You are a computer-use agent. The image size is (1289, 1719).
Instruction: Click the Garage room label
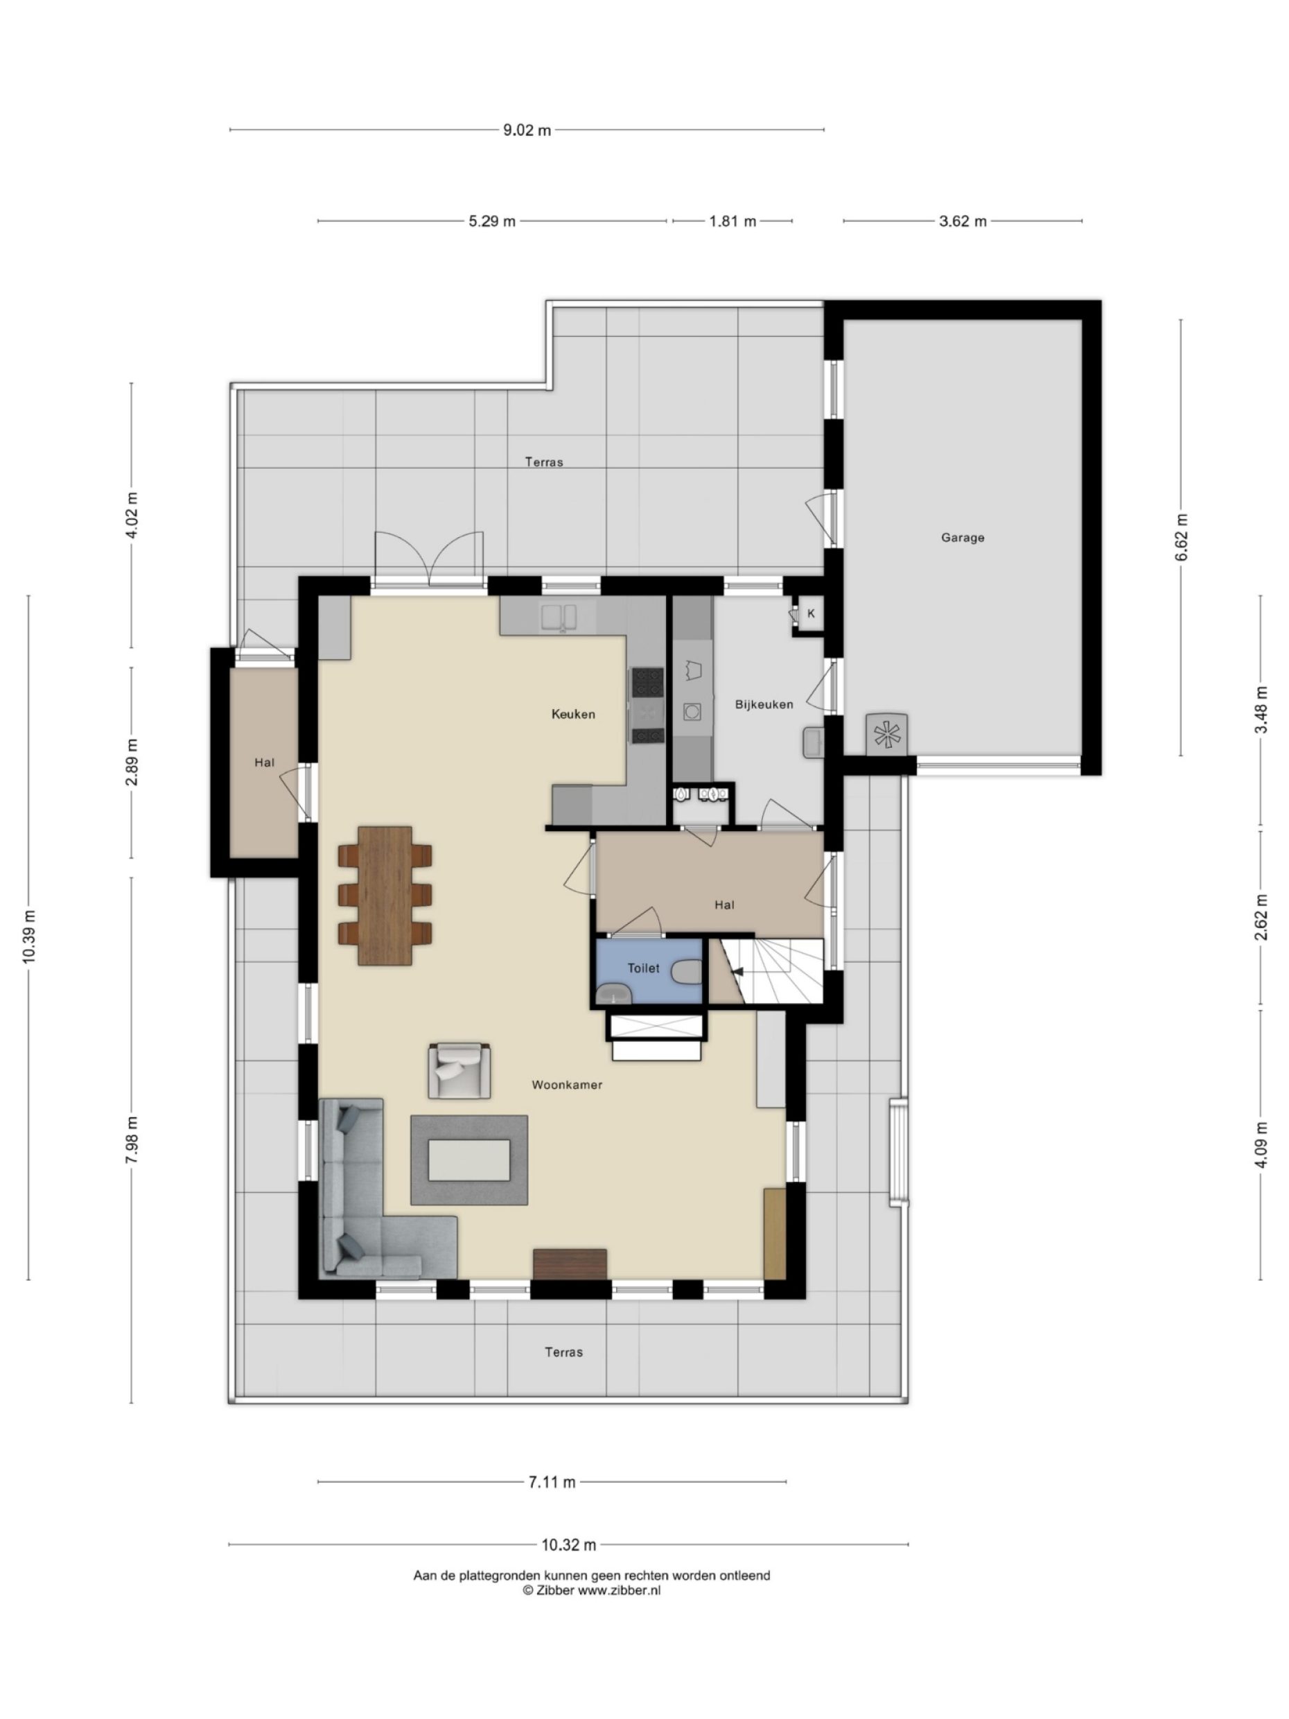[x=962, y=537]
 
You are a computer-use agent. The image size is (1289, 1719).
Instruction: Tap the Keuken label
[x=573, y=713]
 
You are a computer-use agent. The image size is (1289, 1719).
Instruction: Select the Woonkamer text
[x=567, y=1085]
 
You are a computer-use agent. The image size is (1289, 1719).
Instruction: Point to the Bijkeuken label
[x=764, y=704]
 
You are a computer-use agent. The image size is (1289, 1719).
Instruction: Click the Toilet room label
[x=643, y=968]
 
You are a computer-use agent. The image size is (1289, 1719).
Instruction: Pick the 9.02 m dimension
[x=527, y=130]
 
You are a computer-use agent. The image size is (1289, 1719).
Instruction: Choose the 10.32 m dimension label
[x=569, y=1545]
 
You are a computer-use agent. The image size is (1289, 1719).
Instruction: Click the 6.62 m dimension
[x=1182, y=536]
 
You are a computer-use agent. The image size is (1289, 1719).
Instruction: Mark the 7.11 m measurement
[x=552, y=1482]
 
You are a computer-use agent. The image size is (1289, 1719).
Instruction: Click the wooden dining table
[x=385, y=896]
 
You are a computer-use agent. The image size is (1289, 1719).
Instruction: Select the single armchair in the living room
[x=459, y=1071]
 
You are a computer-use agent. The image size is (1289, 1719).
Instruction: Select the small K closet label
[x=811, y=613]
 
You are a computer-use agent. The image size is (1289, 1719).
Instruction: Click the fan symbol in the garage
[x=886, y=733]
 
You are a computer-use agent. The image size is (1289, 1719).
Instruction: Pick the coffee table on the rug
[x=469, y=1160]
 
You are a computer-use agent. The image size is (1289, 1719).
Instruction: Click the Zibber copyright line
[x=592, y=1590]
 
